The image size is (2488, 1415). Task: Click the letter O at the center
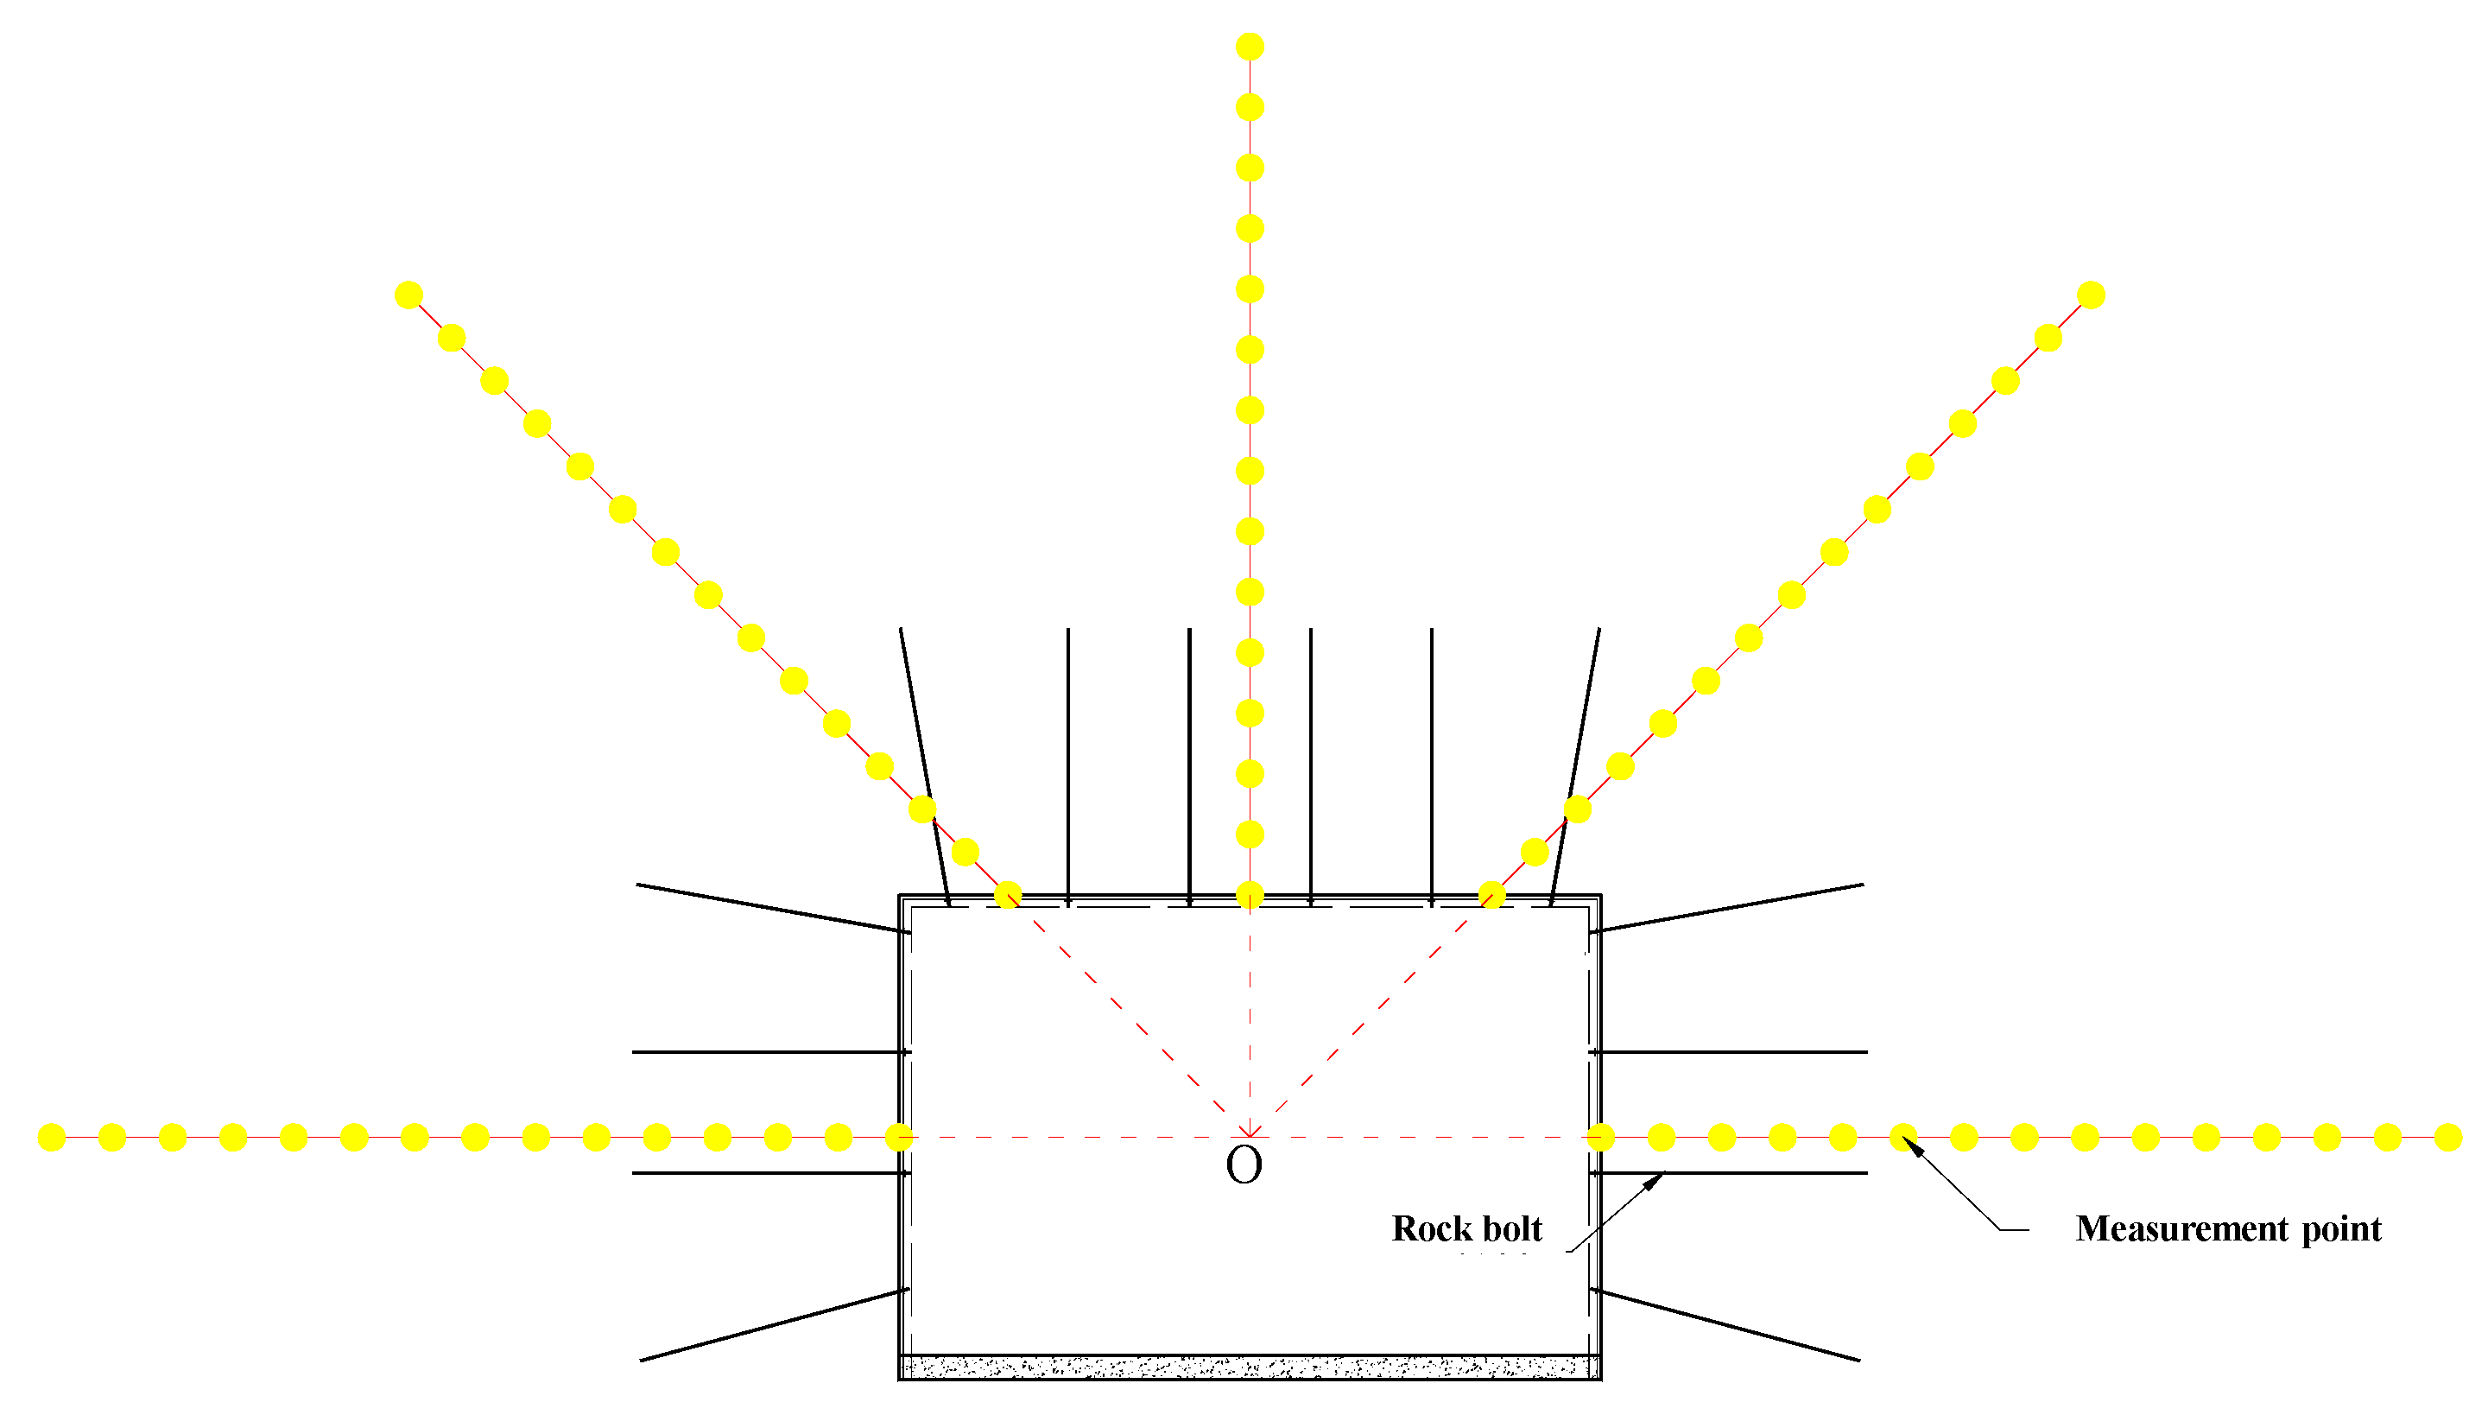[1244, 1165]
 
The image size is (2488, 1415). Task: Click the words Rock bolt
[1466, 1229]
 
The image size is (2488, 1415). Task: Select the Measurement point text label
[2228, 1229]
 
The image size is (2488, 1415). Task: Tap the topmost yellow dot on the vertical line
[1250, 47]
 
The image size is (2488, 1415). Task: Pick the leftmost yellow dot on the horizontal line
[52, 1137]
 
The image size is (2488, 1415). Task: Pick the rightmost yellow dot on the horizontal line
[2448, 1137]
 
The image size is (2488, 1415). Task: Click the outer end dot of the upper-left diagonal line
[409, 295]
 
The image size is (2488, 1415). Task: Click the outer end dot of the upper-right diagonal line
[2091, 295]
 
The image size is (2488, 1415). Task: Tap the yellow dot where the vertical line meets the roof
[1250, 895]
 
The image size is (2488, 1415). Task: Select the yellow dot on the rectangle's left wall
[900, 1137]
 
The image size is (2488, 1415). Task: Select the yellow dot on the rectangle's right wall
[1600, 1137]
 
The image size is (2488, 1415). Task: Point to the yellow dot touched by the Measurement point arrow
[1903, 1137]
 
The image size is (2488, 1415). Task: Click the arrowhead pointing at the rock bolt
[1654, 1182]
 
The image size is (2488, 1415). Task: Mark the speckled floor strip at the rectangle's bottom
[1250, 1367]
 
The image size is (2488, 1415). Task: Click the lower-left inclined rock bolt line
[775, 1324]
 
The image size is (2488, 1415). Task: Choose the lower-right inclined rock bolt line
[1725, 1324]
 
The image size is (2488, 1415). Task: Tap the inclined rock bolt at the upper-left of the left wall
[772, 909]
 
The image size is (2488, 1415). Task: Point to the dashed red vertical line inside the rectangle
[1250, 1020]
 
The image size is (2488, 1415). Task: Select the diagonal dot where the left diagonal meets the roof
[1009, 895]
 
